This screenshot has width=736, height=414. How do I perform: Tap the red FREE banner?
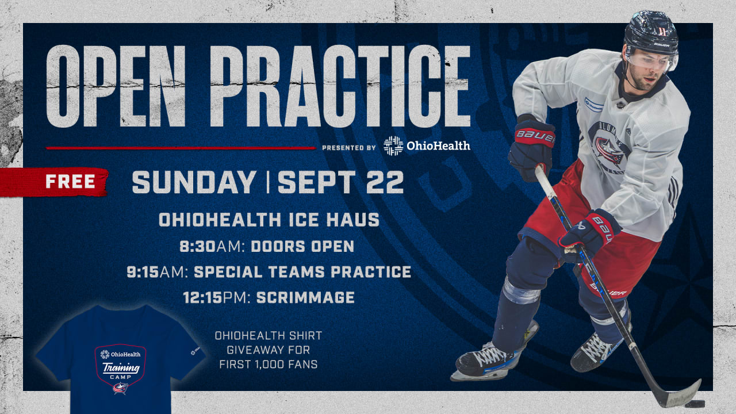pyautogui.click(x=70, y=182)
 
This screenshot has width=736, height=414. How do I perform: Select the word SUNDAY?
pyautogui.click(x=194, y=182)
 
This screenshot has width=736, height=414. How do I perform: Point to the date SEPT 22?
pyautogui.click(x=340, y=182)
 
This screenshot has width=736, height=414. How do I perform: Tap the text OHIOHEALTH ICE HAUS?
pyautogui.click(x=269, y=220)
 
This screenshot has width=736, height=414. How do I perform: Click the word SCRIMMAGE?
pyautogui.click(x=305, y=297)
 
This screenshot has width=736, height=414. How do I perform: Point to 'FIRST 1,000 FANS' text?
pyautogui.click(x=269, y=365)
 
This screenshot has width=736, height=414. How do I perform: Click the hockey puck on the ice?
pyautogui.click(x=695, y=404)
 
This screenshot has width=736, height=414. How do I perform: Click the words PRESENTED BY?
pyautogui.click(x=349, y=148)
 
